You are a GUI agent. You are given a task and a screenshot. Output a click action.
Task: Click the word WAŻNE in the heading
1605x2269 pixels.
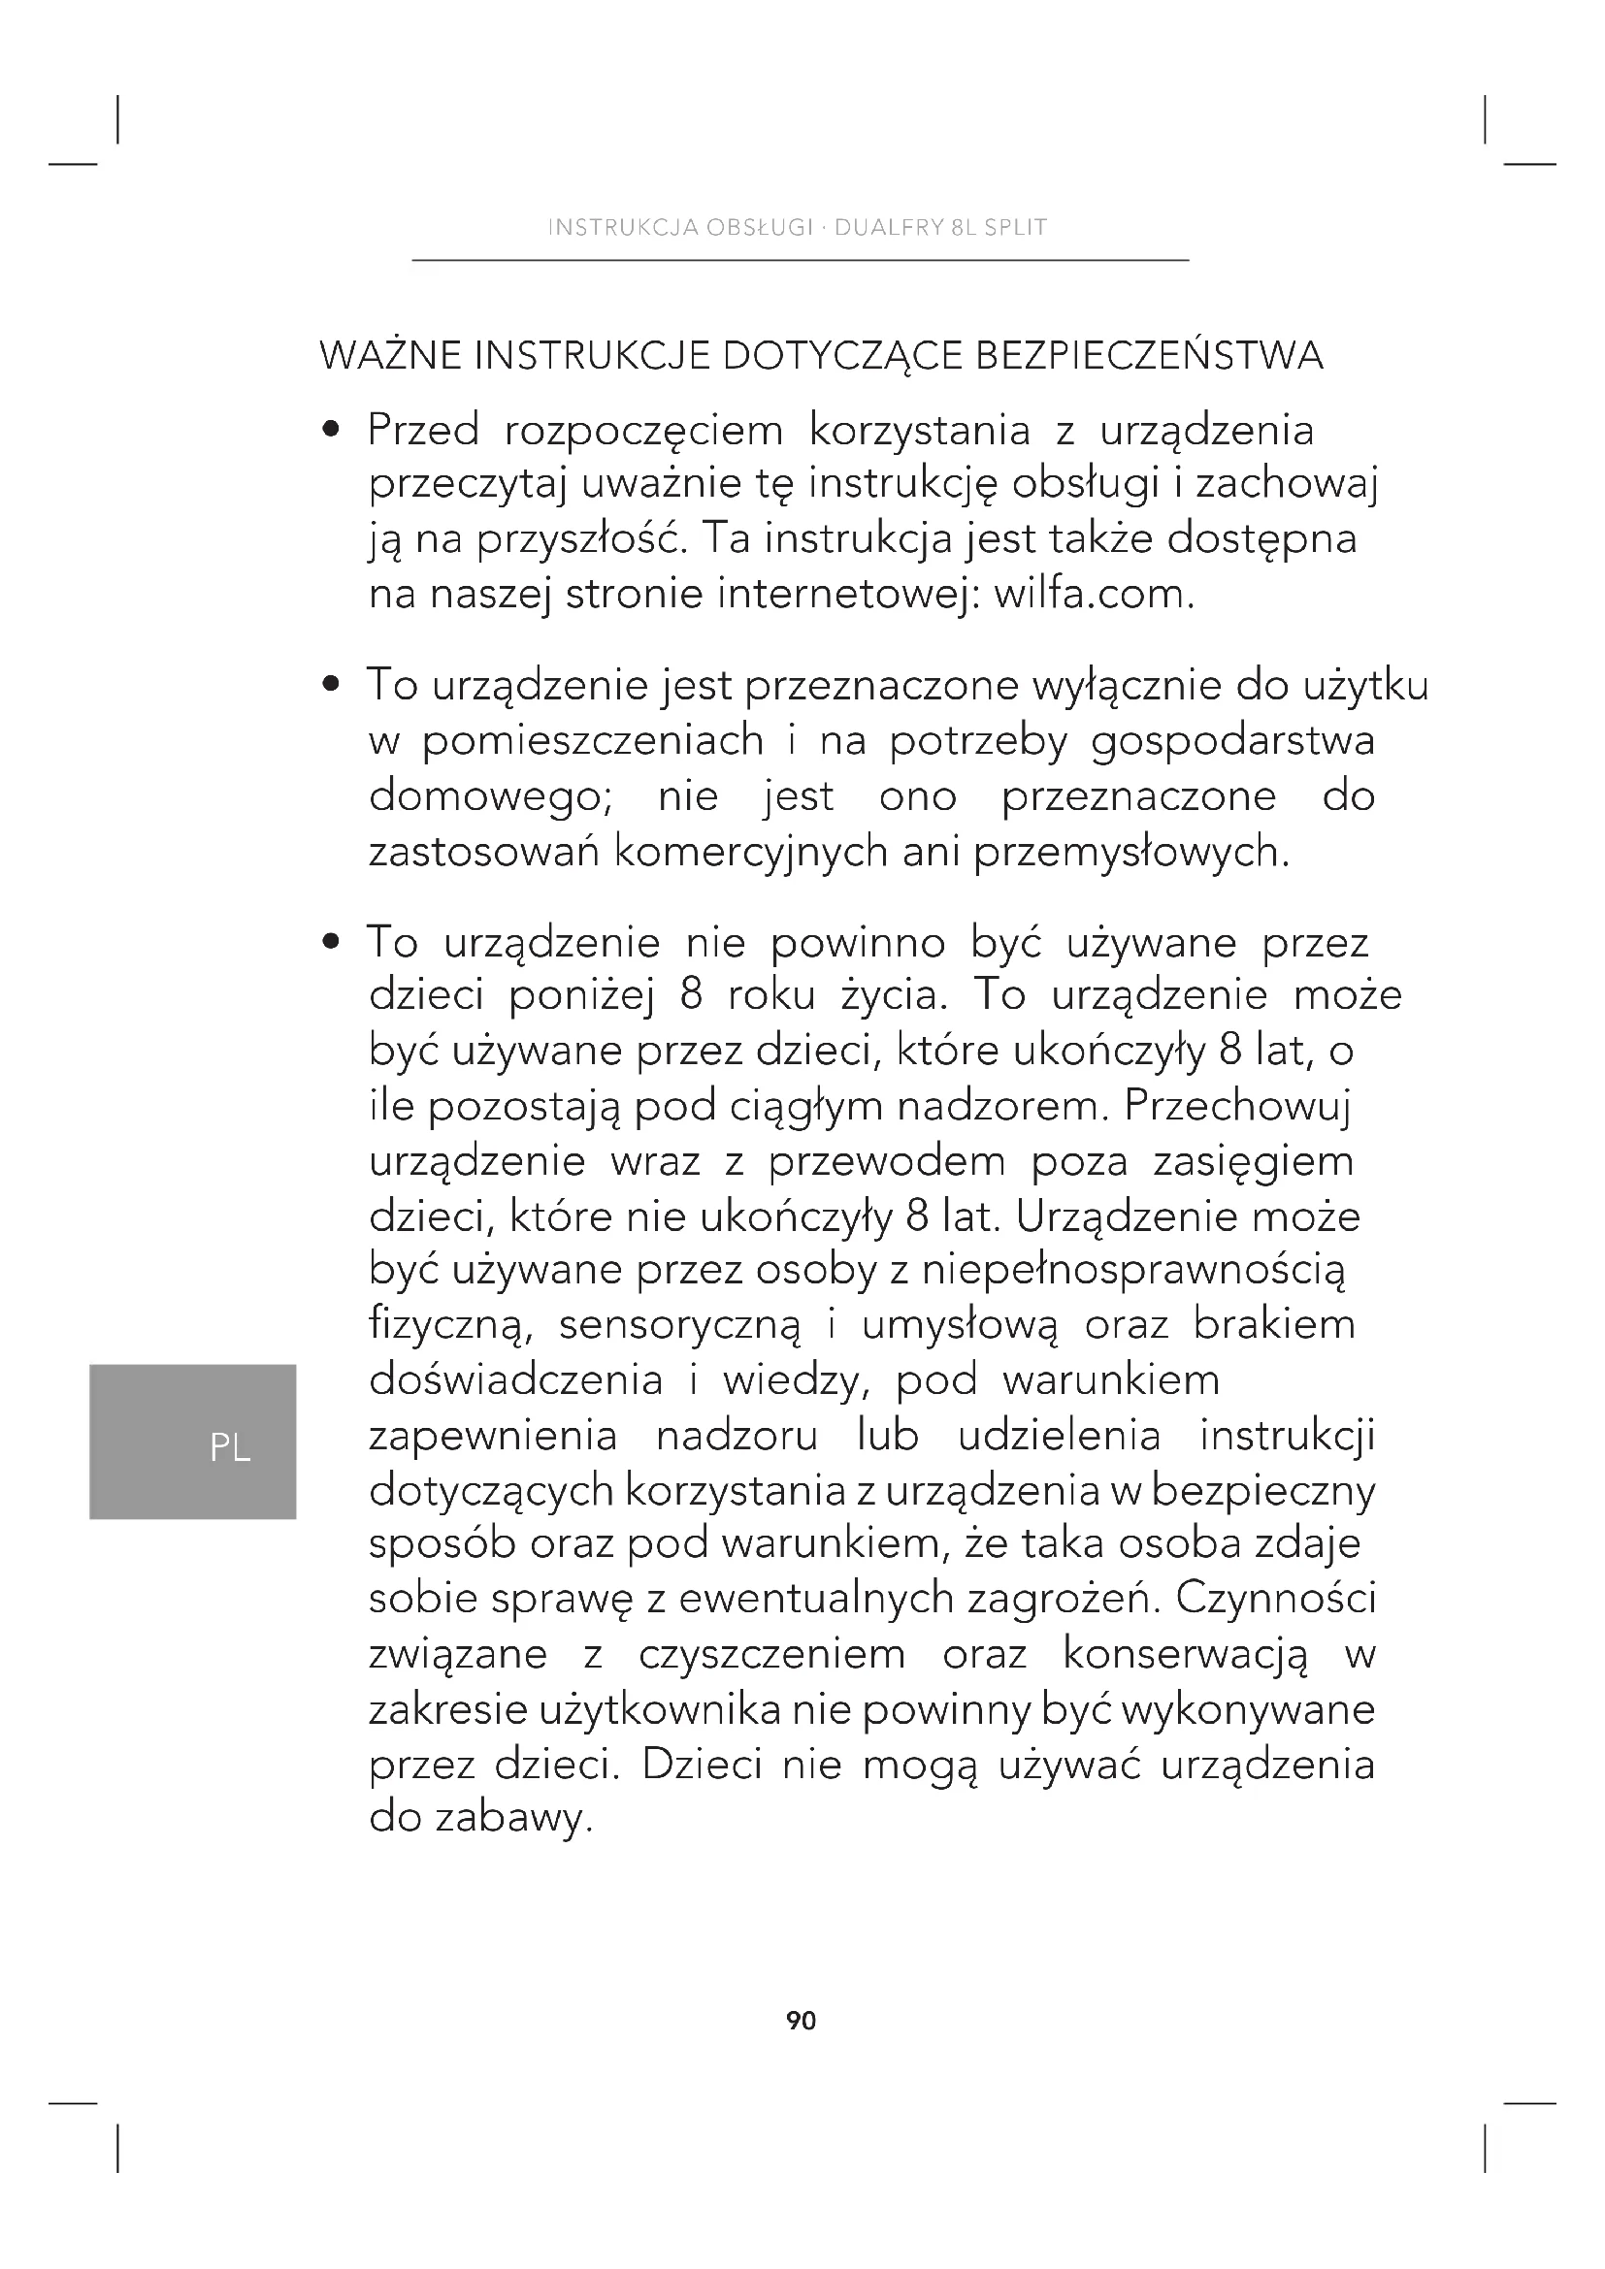pos(389,356)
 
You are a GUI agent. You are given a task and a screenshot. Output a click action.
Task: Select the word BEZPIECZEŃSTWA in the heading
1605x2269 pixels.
pos(1148,356)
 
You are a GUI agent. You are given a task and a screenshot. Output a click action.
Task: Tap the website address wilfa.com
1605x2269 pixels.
pos(1093,594)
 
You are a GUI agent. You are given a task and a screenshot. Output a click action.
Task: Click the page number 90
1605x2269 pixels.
pos(801,2021)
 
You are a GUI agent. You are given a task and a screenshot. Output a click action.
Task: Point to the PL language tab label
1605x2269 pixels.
pos(230,1448)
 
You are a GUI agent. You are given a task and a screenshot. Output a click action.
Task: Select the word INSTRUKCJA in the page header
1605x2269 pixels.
pos(609,228)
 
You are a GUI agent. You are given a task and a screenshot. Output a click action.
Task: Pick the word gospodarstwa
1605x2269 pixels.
pos(1232,742)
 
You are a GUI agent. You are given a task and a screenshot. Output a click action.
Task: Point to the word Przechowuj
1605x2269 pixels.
pos(1236,1106)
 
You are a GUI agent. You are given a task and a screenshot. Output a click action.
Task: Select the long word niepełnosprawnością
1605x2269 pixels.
pos(1133,1270)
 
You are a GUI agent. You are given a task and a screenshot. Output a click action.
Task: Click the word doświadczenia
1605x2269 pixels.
pos(515,1379)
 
